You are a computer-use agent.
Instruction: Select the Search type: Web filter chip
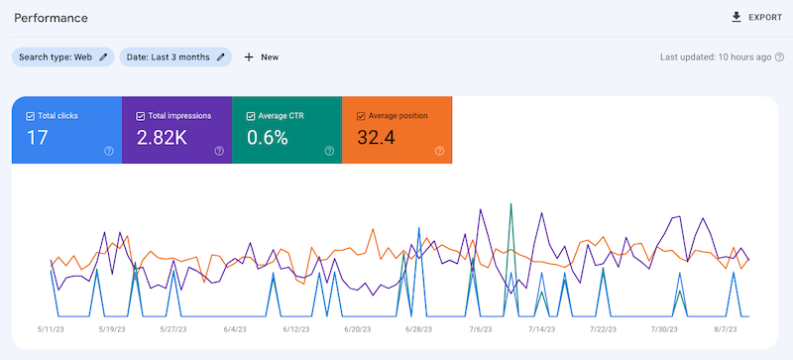pos(62,57)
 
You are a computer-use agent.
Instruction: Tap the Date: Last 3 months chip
pos(175,57)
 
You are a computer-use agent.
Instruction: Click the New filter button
pos(261,57)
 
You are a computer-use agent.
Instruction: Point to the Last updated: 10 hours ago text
pos(715,57)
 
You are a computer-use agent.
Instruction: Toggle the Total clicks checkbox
pos(31,116)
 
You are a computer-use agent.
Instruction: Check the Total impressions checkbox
pos(140,116)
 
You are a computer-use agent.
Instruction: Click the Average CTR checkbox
pos(250,116)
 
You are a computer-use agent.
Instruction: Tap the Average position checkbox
pos(360,116)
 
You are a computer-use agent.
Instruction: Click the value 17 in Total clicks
pos(38,138)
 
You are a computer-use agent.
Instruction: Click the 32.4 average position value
pos(378,138)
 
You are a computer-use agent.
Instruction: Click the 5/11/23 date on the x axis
pos(52,329)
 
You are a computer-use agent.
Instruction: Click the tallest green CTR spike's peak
pos(510,204)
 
